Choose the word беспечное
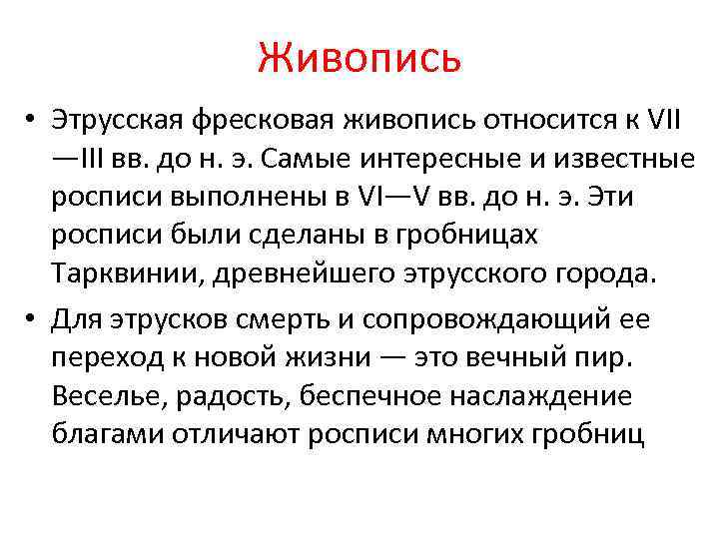point(343,395)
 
